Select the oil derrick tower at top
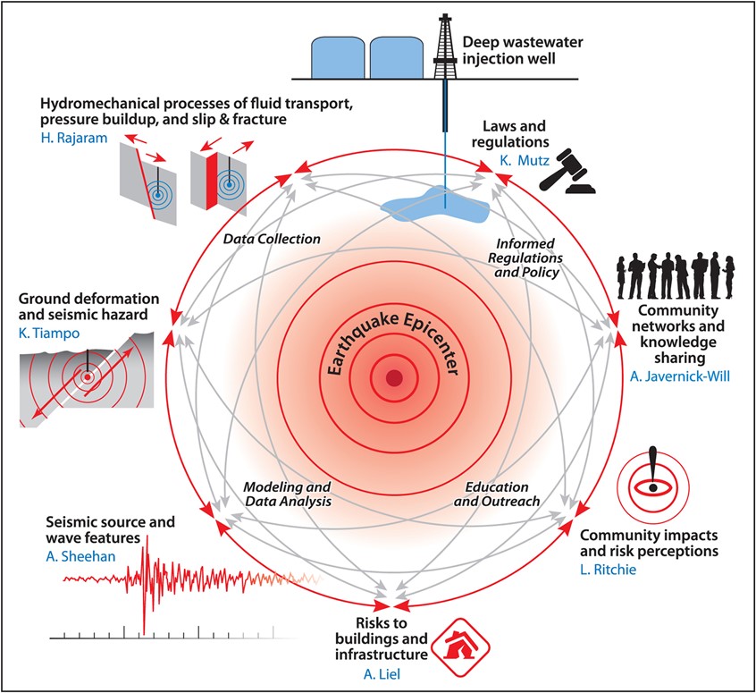pyautogui.click(x=445, y=46)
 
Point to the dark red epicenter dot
pyautogui.click(x=393, y=378)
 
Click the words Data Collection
pyautogui.click(x=272, y=239)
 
